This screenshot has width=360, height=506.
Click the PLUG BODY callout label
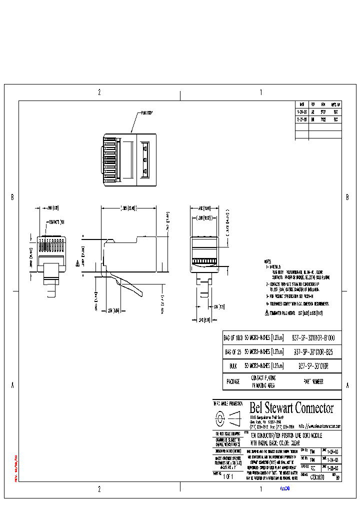click(146, 113)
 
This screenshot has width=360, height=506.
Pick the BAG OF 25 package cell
click(232, 351)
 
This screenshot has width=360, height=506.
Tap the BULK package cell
click(232, 366)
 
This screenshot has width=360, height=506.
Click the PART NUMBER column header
click(313, 381)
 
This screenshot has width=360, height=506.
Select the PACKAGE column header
click(232, 381)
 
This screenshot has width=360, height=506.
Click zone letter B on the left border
click(12, 197)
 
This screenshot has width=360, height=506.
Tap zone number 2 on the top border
click(99, 92)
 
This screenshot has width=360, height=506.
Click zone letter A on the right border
click(347, 385)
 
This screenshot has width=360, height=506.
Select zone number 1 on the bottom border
click(261, 489)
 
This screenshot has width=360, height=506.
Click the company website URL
click(319, 426)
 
